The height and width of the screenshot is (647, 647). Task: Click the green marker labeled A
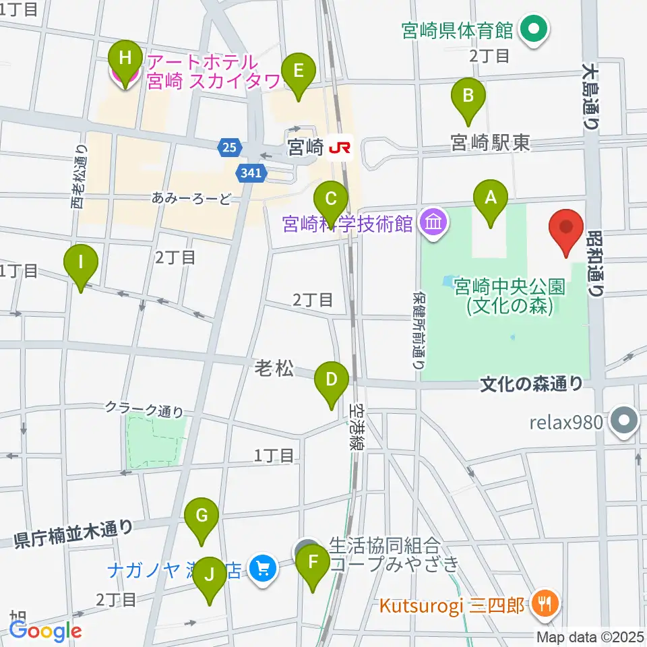point(490,199)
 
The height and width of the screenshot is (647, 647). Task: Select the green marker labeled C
point(331,199)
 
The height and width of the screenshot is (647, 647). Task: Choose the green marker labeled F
point(313,563)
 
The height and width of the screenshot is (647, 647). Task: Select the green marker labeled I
point(81,262)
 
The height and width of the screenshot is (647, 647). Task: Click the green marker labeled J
point(208,575)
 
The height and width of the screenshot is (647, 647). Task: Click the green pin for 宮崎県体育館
point(536,30)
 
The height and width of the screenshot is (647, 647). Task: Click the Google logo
point(45,630)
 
